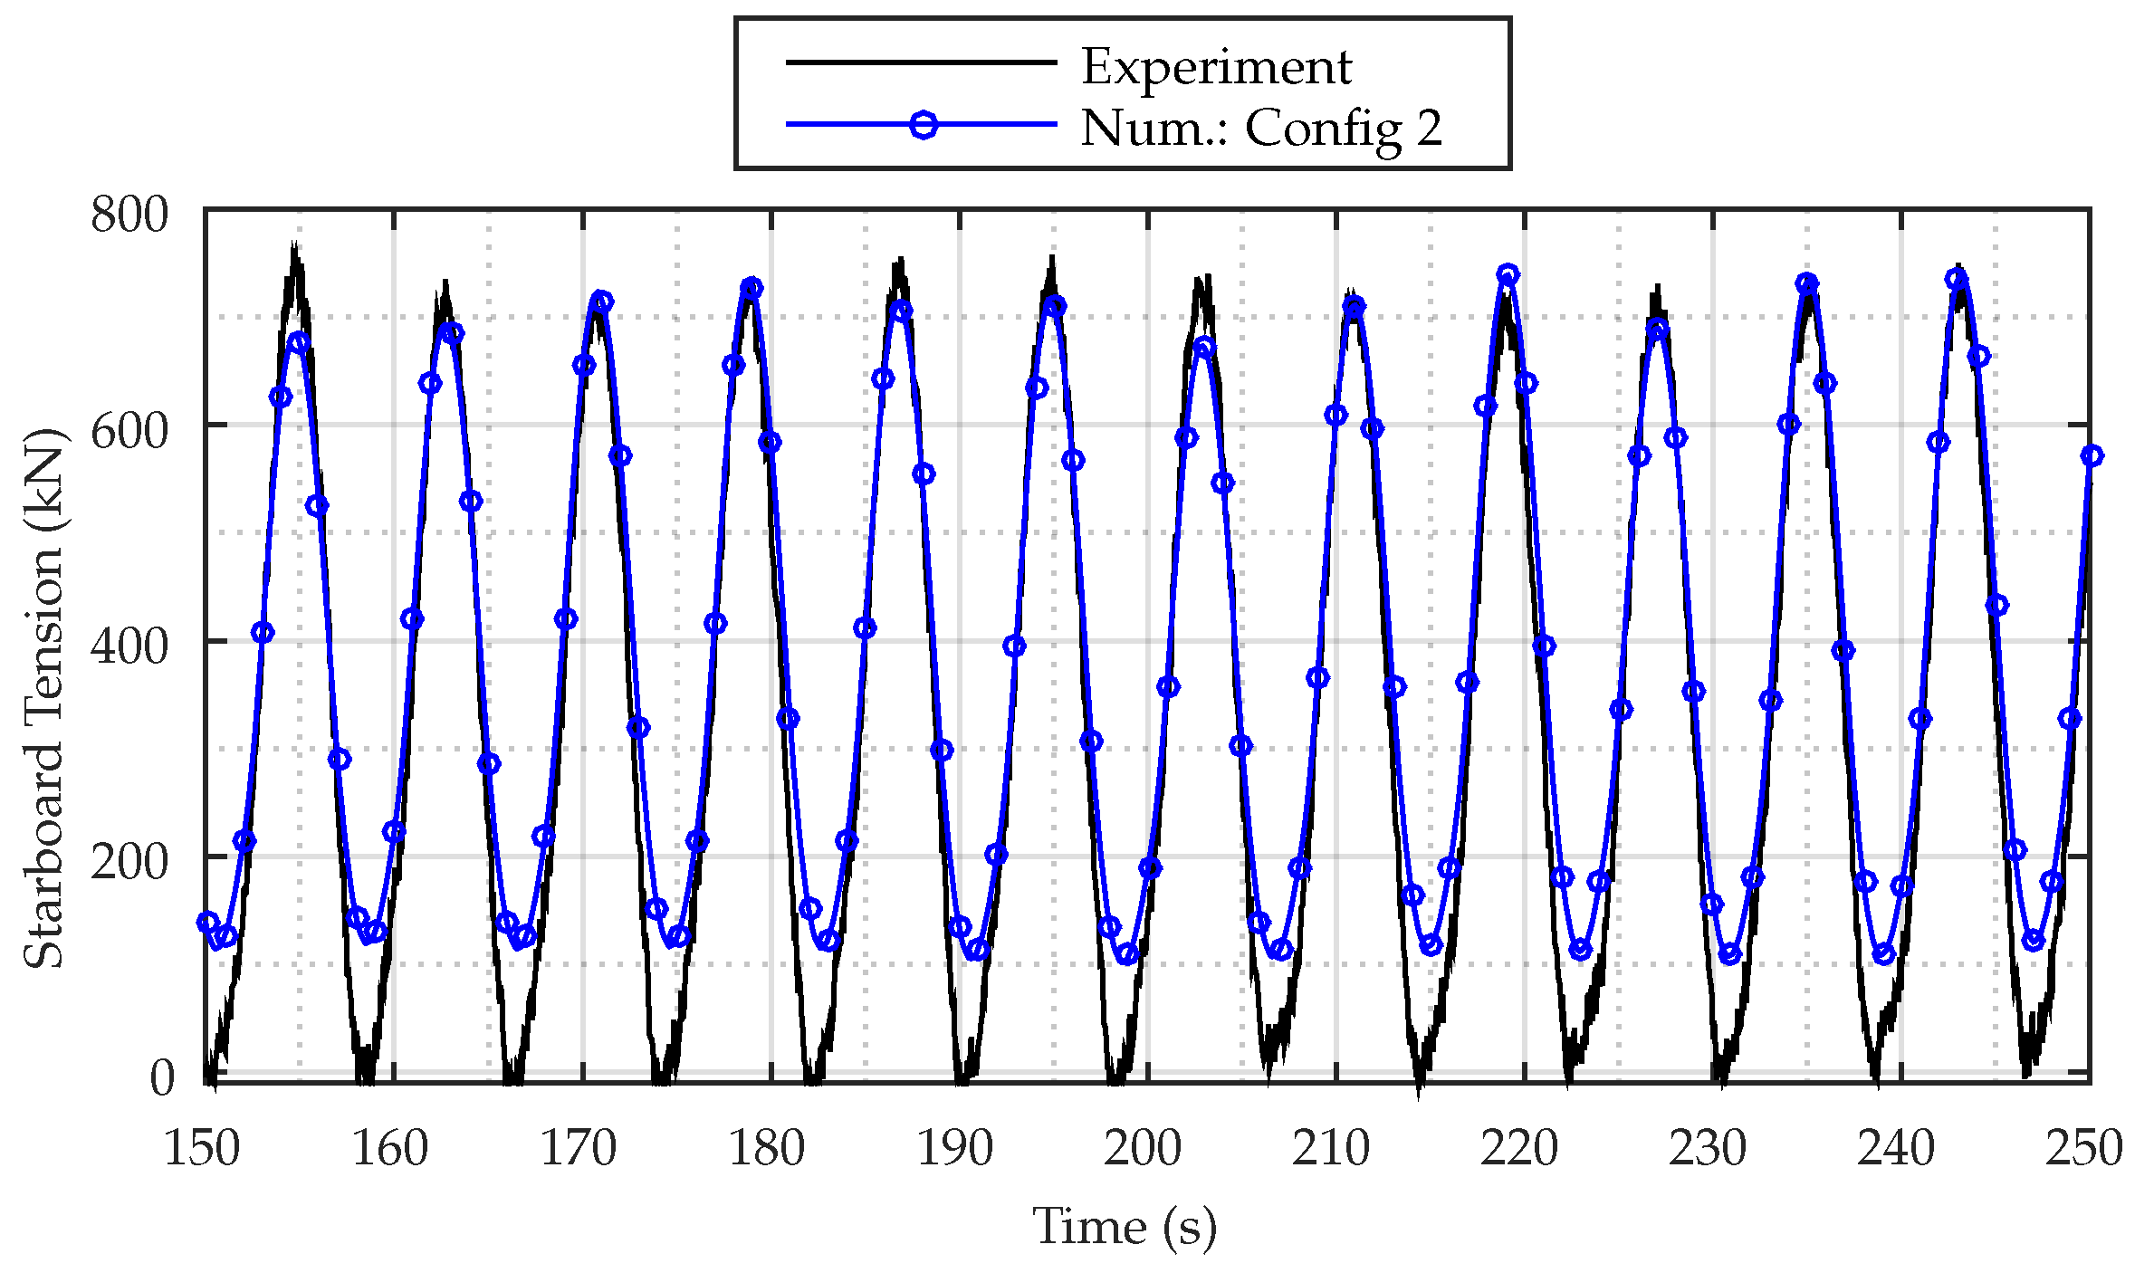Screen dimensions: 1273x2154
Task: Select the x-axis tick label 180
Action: pos(767,1148)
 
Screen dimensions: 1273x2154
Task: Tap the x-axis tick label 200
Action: pos(1143,1148)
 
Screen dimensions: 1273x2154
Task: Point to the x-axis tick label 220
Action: pos(1519,1148)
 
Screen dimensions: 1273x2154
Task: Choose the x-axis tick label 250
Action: pos(2084,1148)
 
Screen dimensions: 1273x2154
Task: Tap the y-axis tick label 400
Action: pos(129,646)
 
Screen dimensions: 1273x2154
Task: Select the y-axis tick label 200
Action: pos(129,861)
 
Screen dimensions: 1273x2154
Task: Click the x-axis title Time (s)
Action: pos(1125,1227)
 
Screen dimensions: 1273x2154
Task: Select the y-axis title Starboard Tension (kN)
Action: pos(43,698)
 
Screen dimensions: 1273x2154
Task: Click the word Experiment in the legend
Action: pos(1216,67)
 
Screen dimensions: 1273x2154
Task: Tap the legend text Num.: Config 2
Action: pos(1260,128)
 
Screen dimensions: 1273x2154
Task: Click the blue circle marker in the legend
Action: pos(923,124)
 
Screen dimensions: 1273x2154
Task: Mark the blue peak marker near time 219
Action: pos(1508,274)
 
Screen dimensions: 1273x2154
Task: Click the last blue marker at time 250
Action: pos(2091,455)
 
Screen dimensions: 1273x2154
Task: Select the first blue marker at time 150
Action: pos(207,922)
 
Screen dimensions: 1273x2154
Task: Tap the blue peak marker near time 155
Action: pos(300,342)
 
